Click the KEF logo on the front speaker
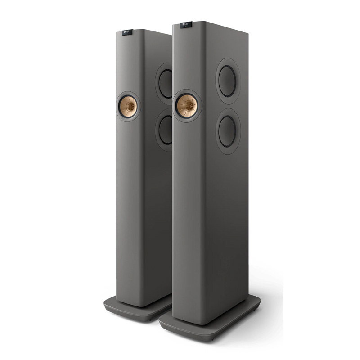(x=186, y=24)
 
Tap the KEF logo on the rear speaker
(x=128, y=31)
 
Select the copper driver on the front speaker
(x=187, y=106)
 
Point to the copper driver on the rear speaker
(x=129, y=106)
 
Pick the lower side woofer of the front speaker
(x=228, y=130)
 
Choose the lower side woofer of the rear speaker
(x=166, y=129)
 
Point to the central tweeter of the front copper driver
(x=187, y=106)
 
